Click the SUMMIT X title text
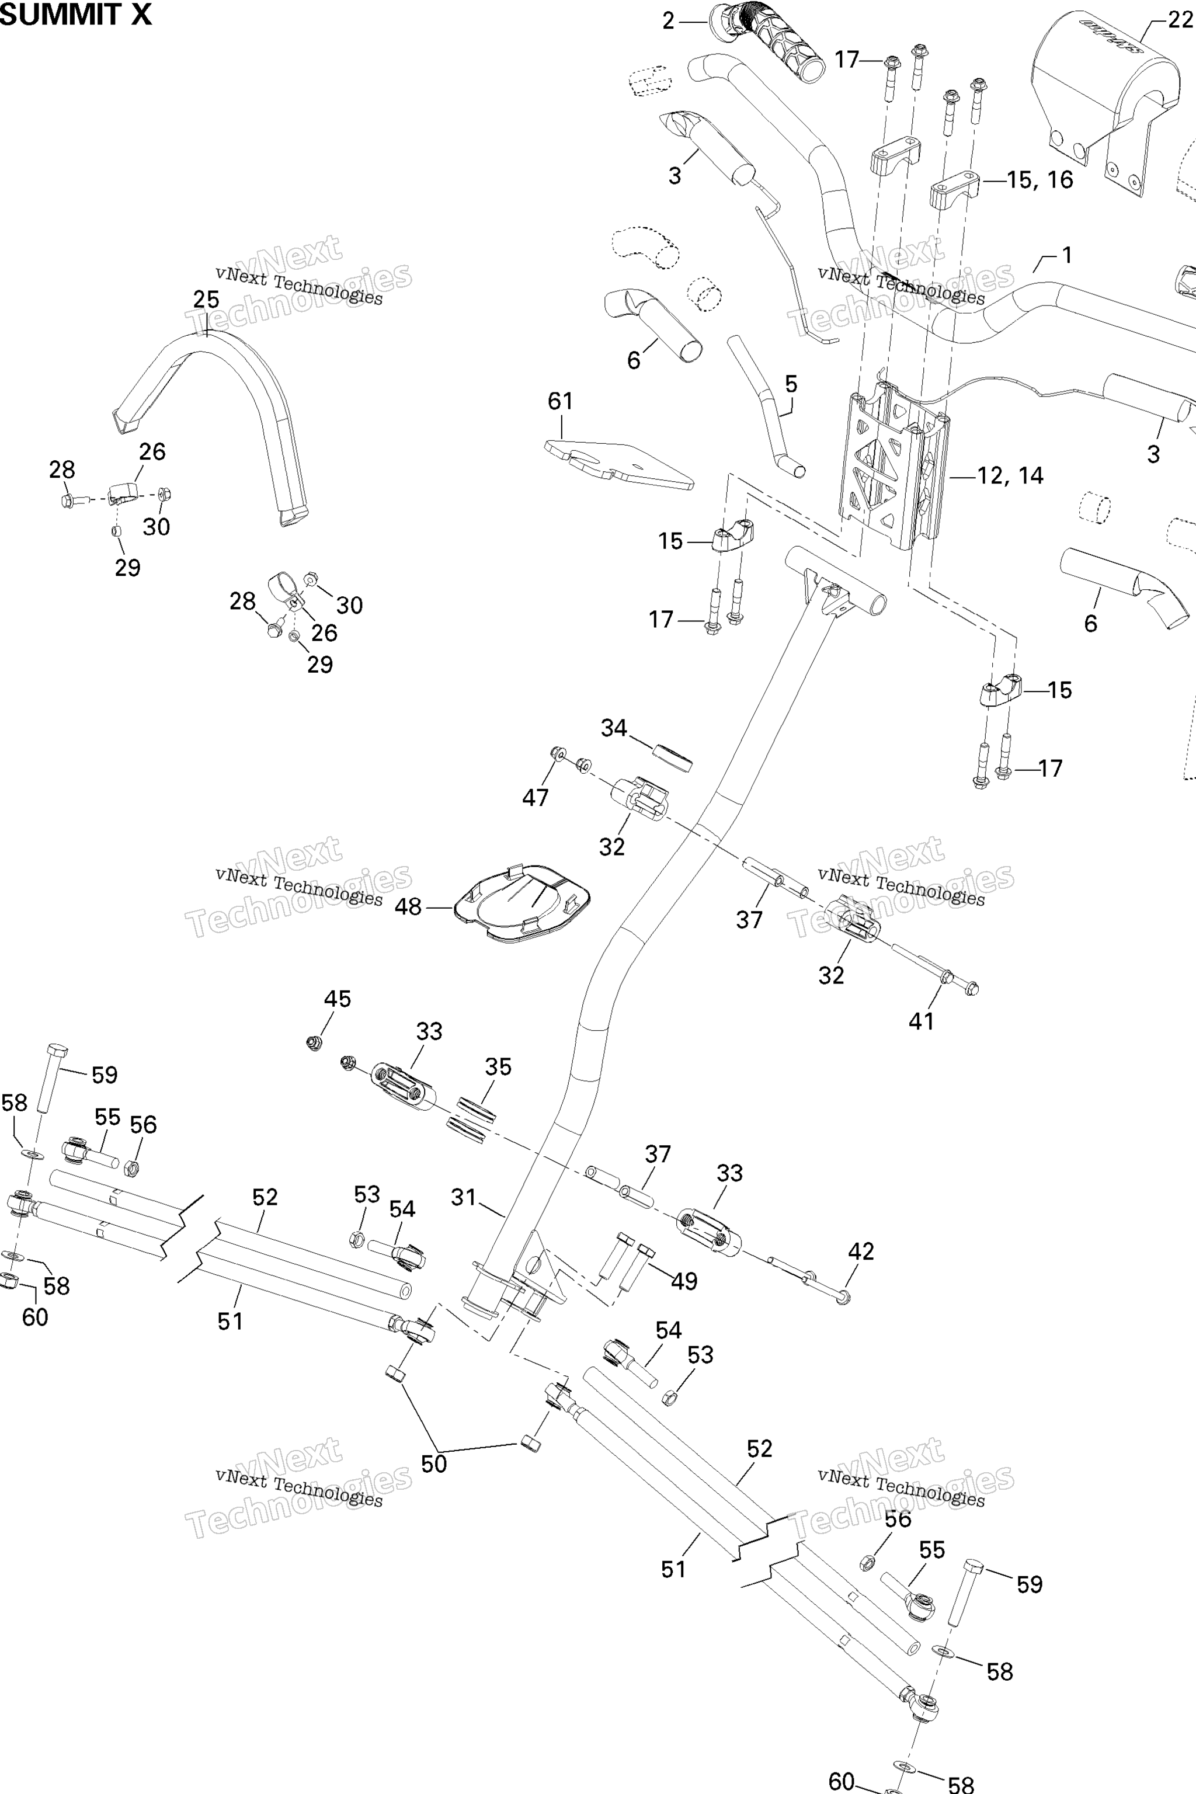pos(75,14)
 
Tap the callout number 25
pos(206,300)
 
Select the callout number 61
pos(561,401)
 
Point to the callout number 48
pos(408,907)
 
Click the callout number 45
pos(338,999)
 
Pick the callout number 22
pos(1180,20)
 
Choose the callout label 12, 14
pos(1011,476)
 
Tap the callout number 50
pos(434,1463)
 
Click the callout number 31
pos(464,1198)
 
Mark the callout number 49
pos(684,1281)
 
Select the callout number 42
pos(861,1251)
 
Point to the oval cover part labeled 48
pos(523,902)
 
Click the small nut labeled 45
pos(314,1042)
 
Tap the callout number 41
pos(922,1021)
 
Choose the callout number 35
pos(498,1066)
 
